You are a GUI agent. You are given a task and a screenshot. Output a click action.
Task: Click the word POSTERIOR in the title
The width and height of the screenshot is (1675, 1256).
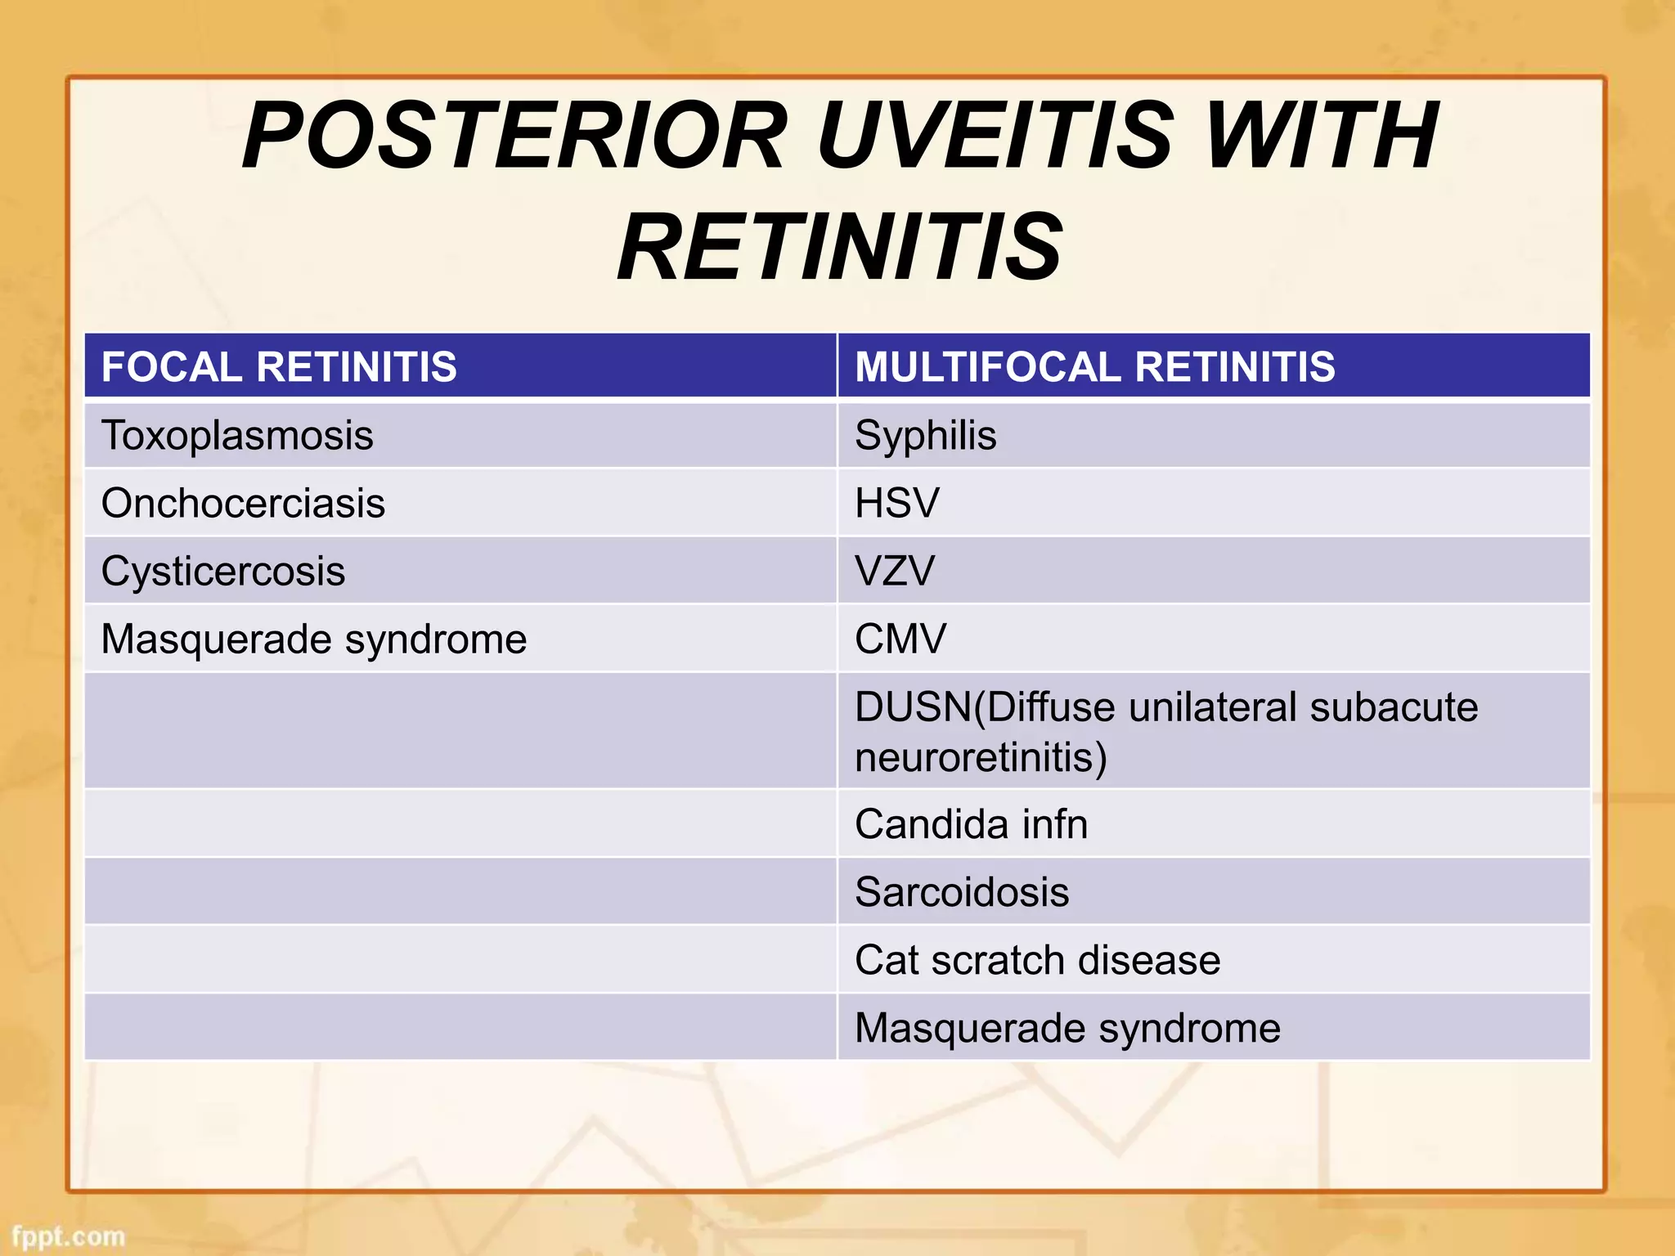(515, 135)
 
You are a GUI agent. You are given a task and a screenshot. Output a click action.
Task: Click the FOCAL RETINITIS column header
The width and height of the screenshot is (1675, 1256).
(279, 366)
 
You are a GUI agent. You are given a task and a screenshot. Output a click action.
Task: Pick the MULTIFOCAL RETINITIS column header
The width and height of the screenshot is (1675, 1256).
(1094, 366)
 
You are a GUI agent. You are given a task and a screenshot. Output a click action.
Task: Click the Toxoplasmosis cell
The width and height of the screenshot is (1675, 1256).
(237, 435)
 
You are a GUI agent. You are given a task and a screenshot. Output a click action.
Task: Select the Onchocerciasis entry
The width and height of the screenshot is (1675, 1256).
(243, 503)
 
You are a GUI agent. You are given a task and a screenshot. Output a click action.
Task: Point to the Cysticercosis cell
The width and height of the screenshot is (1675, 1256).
(222, 571)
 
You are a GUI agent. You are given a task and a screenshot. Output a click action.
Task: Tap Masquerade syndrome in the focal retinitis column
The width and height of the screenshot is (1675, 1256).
(313, 639)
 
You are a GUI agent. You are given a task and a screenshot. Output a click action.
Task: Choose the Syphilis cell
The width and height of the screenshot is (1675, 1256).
(925, 435)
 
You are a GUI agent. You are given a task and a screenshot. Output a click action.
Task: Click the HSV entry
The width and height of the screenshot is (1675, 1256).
(897, 503)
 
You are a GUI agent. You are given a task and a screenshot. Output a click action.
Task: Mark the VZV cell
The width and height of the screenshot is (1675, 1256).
(895, 571)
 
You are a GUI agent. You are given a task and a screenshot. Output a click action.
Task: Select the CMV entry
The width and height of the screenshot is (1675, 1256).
(900, 639)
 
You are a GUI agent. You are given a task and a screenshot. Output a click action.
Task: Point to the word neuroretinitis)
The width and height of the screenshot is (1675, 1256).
(981, 757)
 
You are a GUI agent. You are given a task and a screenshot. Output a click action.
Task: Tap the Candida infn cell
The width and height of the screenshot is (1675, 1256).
(971, 824)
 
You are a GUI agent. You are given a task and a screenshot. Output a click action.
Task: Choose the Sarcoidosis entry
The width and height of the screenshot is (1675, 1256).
(962, 892)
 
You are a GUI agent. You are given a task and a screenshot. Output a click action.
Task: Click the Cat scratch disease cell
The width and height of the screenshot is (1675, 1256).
(1037, 960)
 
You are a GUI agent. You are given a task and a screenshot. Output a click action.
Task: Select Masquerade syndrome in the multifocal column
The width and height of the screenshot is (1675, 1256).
(1067, 1028)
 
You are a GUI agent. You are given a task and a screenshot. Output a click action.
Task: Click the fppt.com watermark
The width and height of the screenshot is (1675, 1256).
(69, 1236)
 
